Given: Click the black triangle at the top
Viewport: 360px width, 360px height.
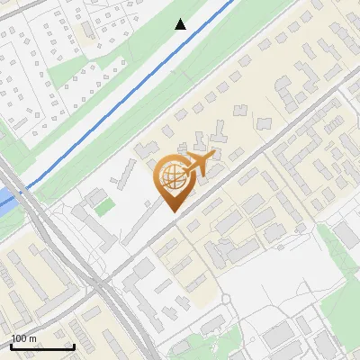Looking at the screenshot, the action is point(181,24).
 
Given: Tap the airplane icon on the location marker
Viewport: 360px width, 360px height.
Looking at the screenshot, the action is point(197,164).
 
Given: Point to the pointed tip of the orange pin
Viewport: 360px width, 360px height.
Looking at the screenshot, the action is point(172,211).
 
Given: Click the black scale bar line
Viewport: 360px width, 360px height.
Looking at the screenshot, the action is point(42,347).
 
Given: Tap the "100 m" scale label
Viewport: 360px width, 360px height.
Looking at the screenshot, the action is point(24,338).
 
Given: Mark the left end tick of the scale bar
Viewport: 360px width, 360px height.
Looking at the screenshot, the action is point(11,346).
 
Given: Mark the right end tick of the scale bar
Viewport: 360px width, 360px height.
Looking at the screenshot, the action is point(74,346).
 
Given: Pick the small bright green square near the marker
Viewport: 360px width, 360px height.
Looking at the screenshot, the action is point(105,206).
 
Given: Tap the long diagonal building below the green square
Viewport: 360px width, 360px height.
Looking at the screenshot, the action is point(94,226).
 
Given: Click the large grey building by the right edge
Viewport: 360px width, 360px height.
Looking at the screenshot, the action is point(346,236).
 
